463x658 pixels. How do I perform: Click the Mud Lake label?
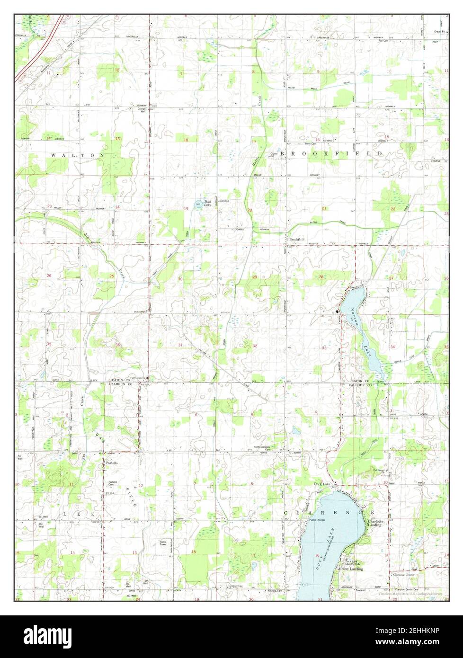[x=207, y=204]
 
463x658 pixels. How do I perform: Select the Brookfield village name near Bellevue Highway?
[x=296, y=240]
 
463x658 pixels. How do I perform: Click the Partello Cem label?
[x=113, y=483]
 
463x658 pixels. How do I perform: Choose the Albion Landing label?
[x=350, y=569]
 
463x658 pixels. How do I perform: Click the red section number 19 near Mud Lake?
[x=179, y=208]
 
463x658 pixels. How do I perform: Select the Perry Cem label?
[x=310, y=143]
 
